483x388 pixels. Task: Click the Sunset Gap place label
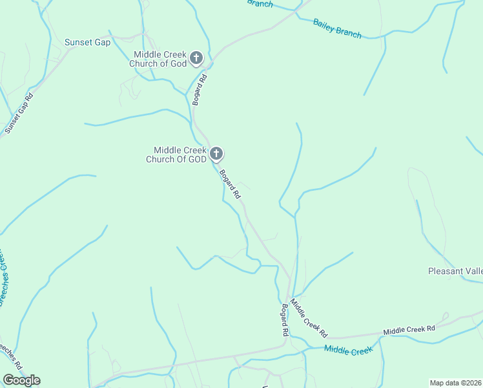[88, 43]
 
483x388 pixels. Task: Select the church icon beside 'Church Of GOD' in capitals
[216, 154]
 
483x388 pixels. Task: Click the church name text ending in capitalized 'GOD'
[176, 155]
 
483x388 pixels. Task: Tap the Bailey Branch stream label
[337, 28]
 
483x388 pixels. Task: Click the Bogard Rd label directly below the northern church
[199, 90]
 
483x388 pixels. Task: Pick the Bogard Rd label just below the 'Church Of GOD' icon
[229, 184]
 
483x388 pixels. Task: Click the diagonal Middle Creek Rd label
[309, 318]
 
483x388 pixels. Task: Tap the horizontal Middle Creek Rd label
[409, 330]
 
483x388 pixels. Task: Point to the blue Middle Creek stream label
[349, 350]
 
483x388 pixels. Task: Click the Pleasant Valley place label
[455, 271]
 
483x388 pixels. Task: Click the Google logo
[21, 380]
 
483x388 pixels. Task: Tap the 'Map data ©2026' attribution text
[456, 383]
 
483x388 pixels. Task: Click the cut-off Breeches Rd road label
[12, 356]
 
